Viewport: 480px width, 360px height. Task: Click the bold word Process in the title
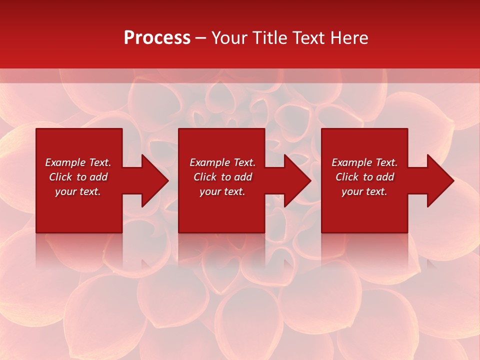[x=157, y=38]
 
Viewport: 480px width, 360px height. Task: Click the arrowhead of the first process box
[x=154, y=180]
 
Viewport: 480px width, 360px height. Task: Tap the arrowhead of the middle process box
[x=296, y=180]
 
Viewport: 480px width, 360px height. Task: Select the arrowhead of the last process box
[x=440, y=180]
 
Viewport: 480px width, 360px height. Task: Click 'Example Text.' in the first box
[x=78, y=162]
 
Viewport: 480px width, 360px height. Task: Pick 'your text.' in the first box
[x=78, y=191]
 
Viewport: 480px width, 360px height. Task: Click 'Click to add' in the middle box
[x=222, y=177]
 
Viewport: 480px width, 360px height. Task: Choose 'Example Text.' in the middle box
[x=222, y=162]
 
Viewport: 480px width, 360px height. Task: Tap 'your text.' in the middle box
[x=222, y=191]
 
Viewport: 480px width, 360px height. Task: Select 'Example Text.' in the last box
[x=364, y=162]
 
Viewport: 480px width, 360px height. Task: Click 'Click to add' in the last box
[x=364, y=177]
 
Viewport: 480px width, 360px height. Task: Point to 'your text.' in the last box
[x=364, y=191]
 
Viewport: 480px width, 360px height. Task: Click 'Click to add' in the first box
[x=78, y=177]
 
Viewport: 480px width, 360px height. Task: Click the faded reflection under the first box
[x=79, y=250]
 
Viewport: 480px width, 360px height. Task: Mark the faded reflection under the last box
[x=364, y=250]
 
